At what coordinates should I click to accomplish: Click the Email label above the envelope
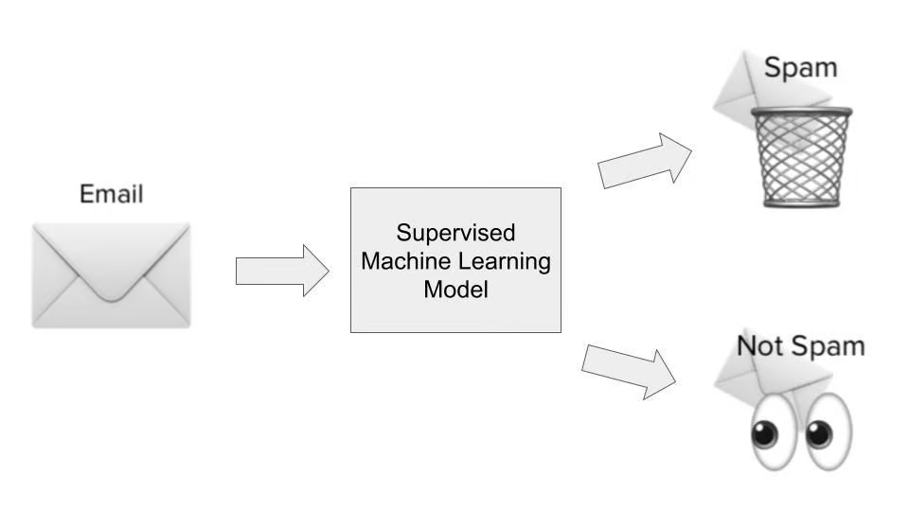(112, 194)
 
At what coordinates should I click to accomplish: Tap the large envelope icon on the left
(112, 275)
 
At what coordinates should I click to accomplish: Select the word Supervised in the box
(455, 233)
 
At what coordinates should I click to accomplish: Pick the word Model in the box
(455, 290)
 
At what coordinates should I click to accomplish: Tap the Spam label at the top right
(801, 68)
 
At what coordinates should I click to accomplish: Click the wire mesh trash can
(802, 161)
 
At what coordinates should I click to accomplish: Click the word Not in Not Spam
(760, 345)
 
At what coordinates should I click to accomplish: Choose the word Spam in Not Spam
(829, 345)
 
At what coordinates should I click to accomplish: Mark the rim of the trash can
(802, 115)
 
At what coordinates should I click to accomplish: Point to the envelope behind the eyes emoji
(748, 379)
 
